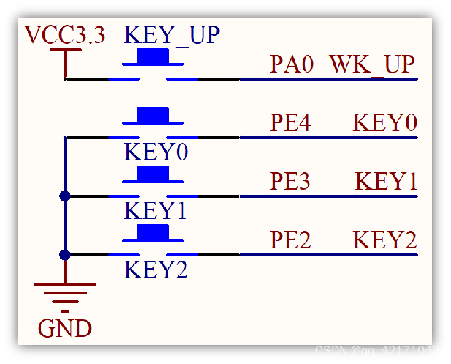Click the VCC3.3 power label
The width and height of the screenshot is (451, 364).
tap(64, 34)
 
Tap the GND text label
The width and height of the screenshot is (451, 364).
tap(64, 328)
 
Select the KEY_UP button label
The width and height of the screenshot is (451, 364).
tap(172, 34)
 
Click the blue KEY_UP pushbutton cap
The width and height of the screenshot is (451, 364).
tap(153, 56)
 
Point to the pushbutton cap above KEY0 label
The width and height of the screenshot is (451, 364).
tap(153, 115)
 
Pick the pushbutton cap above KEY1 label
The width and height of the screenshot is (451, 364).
tap(153, 174)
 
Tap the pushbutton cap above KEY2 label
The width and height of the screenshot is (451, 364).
tap(153, 233)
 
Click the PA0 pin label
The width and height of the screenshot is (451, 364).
tap(292, 64)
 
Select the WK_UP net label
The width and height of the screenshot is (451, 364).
tap(372, 64)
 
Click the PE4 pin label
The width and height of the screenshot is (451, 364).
tap(291, 122)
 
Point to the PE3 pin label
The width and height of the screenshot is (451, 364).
tap(291, 181)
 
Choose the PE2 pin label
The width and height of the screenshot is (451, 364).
tap(291, 239)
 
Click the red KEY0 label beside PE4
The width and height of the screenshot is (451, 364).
tap(385, 122)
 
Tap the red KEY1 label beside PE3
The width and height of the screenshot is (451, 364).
tap(387, 181)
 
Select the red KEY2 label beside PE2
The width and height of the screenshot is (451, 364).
tap(385, 239)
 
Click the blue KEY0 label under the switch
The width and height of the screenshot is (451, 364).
tap(156, 152)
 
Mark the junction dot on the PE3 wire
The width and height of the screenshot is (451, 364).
tap(65, 196)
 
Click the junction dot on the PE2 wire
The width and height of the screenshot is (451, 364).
tap(65, 254)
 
